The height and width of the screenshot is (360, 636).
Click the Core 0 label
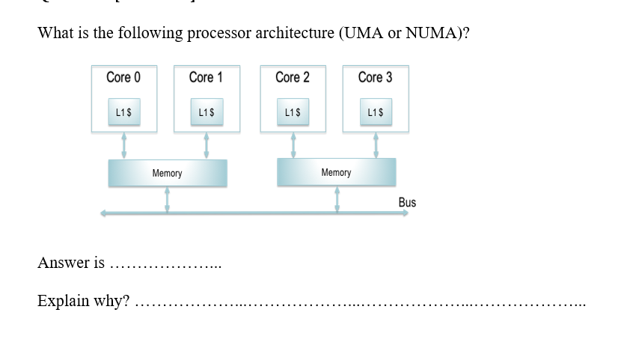point(123,78)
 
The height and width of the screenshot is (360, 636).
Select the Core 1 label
point(206,78)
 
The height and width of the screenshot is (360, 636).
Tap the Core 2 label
point(292,78)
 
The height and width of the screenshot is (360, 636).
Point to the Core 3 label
point(375,78)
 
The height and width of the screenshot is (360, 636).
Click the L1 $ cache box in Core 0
point(124,112)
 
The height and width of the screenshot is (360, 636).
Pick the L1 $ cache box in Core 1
point(207,112)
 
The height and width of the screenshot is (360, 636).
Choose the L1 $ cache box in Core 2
point(293,112)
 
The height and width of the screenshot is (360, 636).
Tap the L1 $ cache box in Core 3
point(376,112)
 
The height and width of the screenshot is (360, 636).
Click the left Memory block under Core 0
point(168,174)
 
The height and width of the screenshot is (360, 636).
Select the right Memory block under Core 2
point(336,173)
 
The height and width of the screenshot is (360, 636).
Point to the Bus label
point(407,203)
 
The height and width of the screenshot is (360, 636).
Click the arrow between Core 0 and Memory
point(124,146)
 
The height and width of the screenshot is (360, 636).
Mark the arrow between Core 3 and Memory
point(376,145)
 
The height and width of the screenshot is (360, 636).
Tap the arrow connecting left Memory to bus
point(167,200)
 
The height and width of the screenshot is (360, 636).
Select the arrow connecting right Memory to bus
point(337,200)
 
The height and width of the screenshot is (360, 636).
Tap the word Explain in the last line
point(64,301)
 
